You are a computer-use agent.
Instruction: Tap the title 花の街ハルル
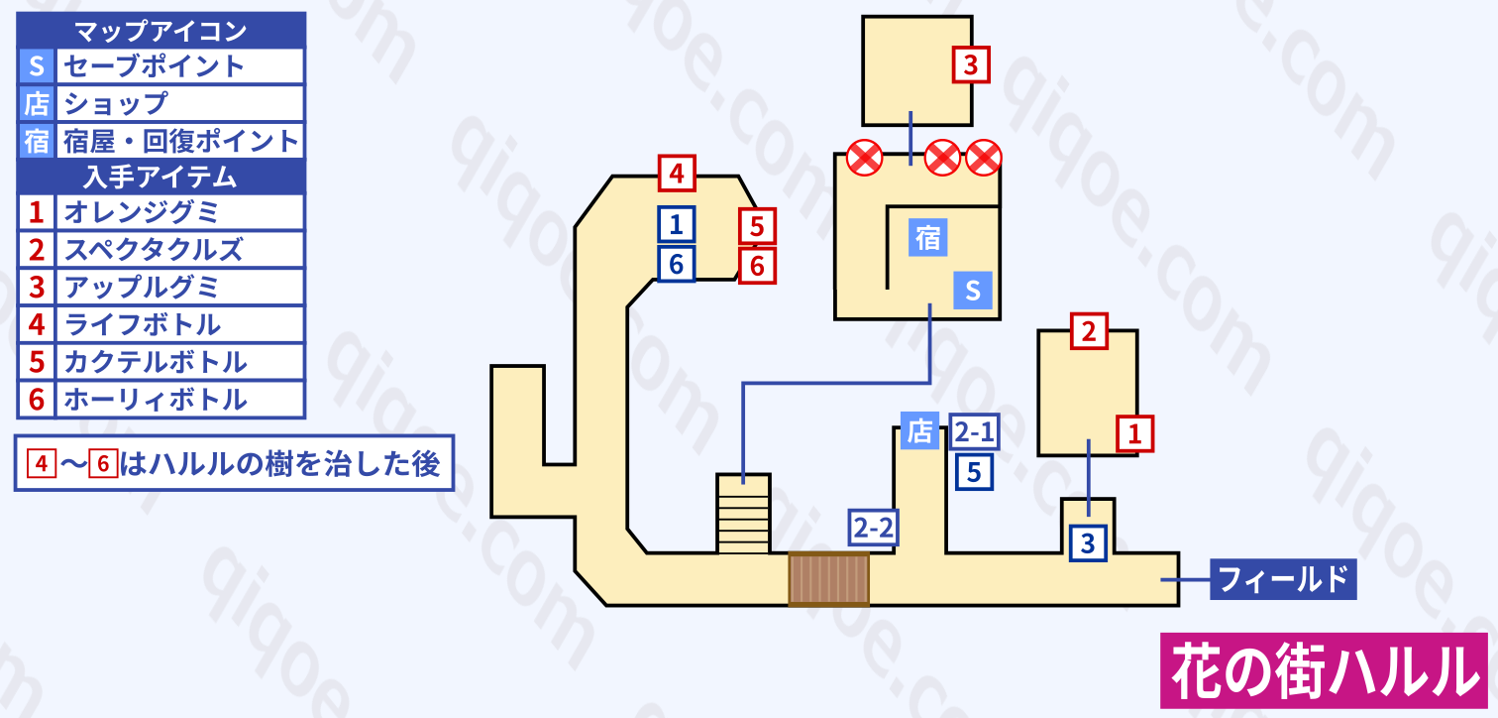pyautogui.click(x=1324, y=670)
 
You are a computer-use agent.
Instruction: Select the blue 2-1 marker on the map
pyautogui.click(x=974, y=431)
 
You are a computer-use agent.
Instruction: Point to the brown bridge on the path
pyautogui.click(x=828, y=579)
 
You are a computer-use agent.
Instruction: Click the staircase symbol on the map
pyautogui.click(x=743, y=513)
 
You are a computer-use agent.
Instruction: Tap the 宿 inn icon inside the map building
pyautogui.click(x=927, y=239)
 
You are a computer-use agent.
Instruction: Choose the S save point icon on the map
pyautogui.click(x=972, y=291)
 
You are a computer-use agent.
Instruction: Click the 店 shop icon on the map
pyautogui.click(x=919, y=431)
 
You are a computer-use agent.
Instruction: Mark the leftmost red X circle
pyautogui.click(x=865, y=158)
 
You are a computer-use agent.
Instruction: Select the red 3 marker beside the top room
pyautogui.click(x=970, y=66)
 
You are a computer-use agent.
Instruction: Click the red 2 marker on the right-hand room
pyautogui.click(x=1089, y=331)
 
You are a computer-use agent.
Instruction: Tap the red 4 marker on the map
pyautogui.click(x=677, y=174)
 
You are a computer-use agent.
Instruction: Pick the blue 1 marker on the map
pyautogui.click(x=677, y=225)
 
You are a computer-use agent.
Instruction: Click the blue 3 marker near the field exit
pyautogui.click(x=1088, y=543)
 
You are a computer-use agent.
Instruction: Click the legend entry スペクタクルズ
pyautogui.click(x=154, y=250)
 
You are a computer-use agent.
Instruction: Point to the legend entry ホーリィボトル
pyautogui.click(x=155, y=400)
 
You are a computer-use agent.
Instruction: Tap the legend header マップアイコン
pyautogui.click(x=161, y=31)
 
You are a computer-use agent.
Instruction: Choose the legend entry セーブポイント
pyautogui.click(x=154, y=66)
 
